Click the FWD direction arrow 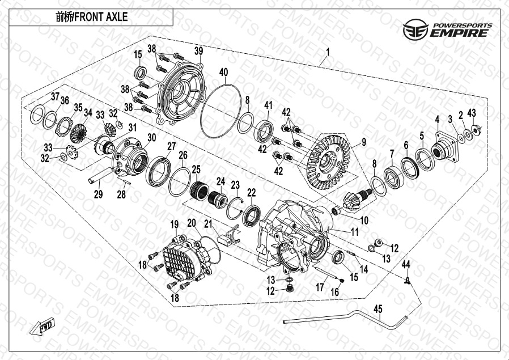pyautogui.click(x=42, y=326)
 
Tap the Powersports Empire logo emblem pyautogui.click(x=415, y=29)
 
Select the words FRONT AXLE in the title pyautogui.click(x=101, y=17)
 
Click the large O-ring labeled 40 pyautogui.click(x=220, y=111)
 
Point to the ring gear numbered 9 pyautogui.click(x=327, y=162)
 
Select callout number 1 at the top pyautogui.click(x=328, y=52)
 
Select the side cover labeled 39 pyautogui.click(x=180, y=94)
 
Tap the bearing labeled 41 pyautogui.click(x=263, y=131)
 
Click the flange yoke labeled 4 pyautogui.click(x=446, y=147)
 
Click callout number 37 pyautogui.click(x=55, y=97)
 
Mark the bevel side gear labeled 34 pyautogui.click(x=78, y=133)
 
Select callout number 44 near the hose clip pyautogui.click(x=406, y=265)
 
